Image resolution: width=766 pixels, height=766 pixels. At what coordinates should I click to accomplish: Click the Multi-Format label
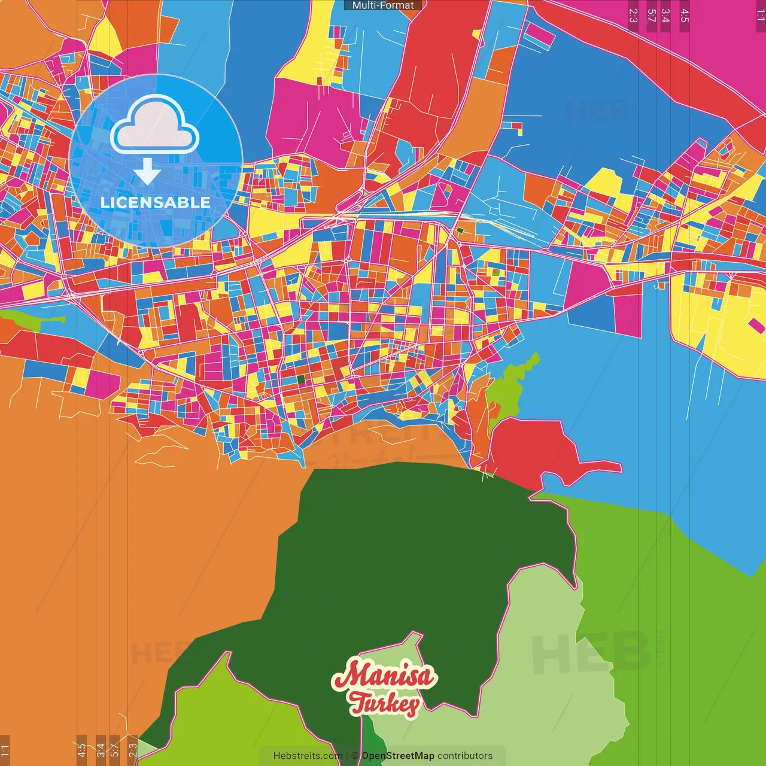click(x=383, y=5)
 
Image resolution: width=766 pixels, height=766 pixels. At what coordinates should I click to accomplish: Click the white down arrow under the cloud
click(x=147, y=172)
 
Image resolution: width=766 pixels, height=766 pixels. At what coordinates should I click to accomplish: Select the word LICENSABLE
click(x=156, y=202)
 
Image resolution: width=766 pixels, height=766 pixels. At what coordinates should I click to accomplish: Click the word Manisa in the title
click(x=385, y=676)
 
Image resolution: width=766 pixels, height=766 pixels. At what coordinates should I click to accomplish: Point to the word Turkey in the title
click(x=385, y=703)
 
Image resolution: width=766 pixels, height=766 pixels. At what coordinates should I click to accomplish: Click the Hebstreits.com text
click(x=308, y=756)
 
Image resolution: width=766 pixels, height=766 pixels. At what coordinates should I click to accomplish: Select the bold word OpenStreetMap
click(x=398, y=756)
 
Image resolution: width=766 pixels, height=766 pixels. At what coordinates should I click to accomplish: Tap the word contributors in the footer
click(x=465, y=756)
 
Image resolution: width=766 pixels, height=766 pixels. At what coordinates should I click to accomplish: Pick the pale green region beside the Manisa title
click(x=539, y=658)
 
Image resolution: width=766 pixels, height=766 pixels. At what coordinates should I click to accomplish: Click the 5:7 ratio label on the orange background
click(x=114, y=750)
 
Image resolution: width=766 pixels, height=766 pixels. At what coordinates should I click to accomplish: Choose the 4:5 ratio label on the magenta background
click(x=685, y=16)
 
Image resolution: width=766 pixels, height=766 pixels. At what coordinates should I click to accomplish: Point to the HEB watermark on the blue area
click(x=598, y=111)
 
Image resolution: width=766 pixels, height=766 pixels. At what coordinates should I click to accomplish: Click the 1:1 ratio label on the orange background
click(x=5, y=750)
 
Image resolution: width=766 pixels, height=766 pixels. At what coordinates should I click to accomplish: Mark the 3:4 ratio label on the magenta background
click(x=665, y=16)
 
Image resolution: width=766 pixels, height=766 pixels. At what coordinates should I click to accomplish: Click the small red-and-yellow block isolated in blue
click(x=516, y=127)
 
